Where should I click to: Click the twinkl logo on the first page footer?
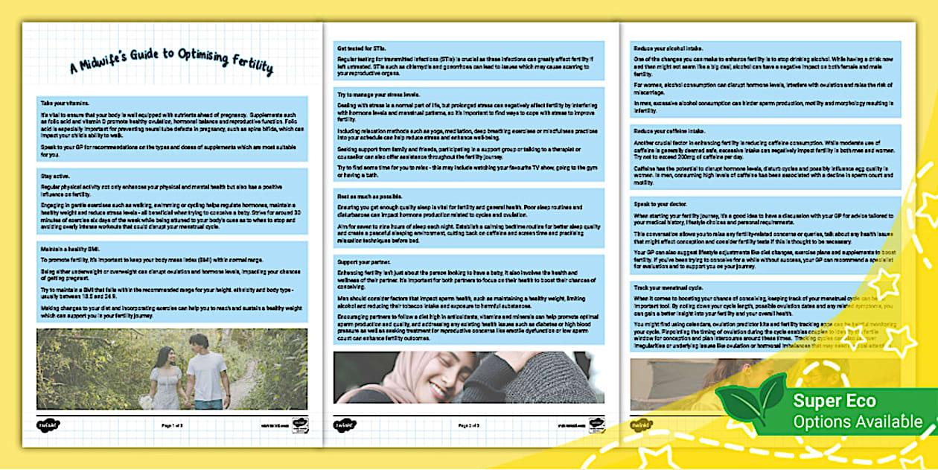click(x=49, y=425)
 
